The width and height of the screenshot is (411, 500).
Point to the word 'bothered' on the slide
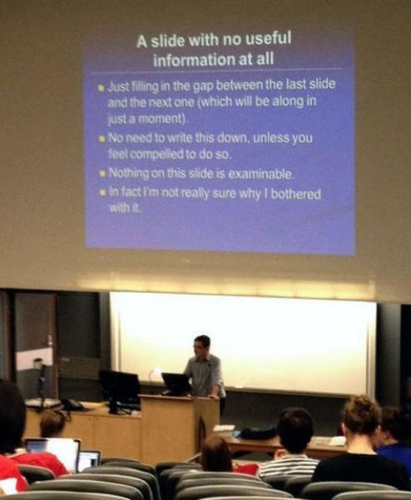pos(295,194)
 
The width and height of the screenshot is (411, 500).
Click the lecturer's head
pos(201,344)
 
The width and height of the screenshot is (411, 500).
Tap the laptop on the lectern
pos(176,383)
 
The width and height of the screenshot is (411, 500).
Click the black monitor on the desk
pos(120,388)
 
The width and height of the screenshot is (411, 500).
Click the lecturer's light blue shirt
pos(203,375)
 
